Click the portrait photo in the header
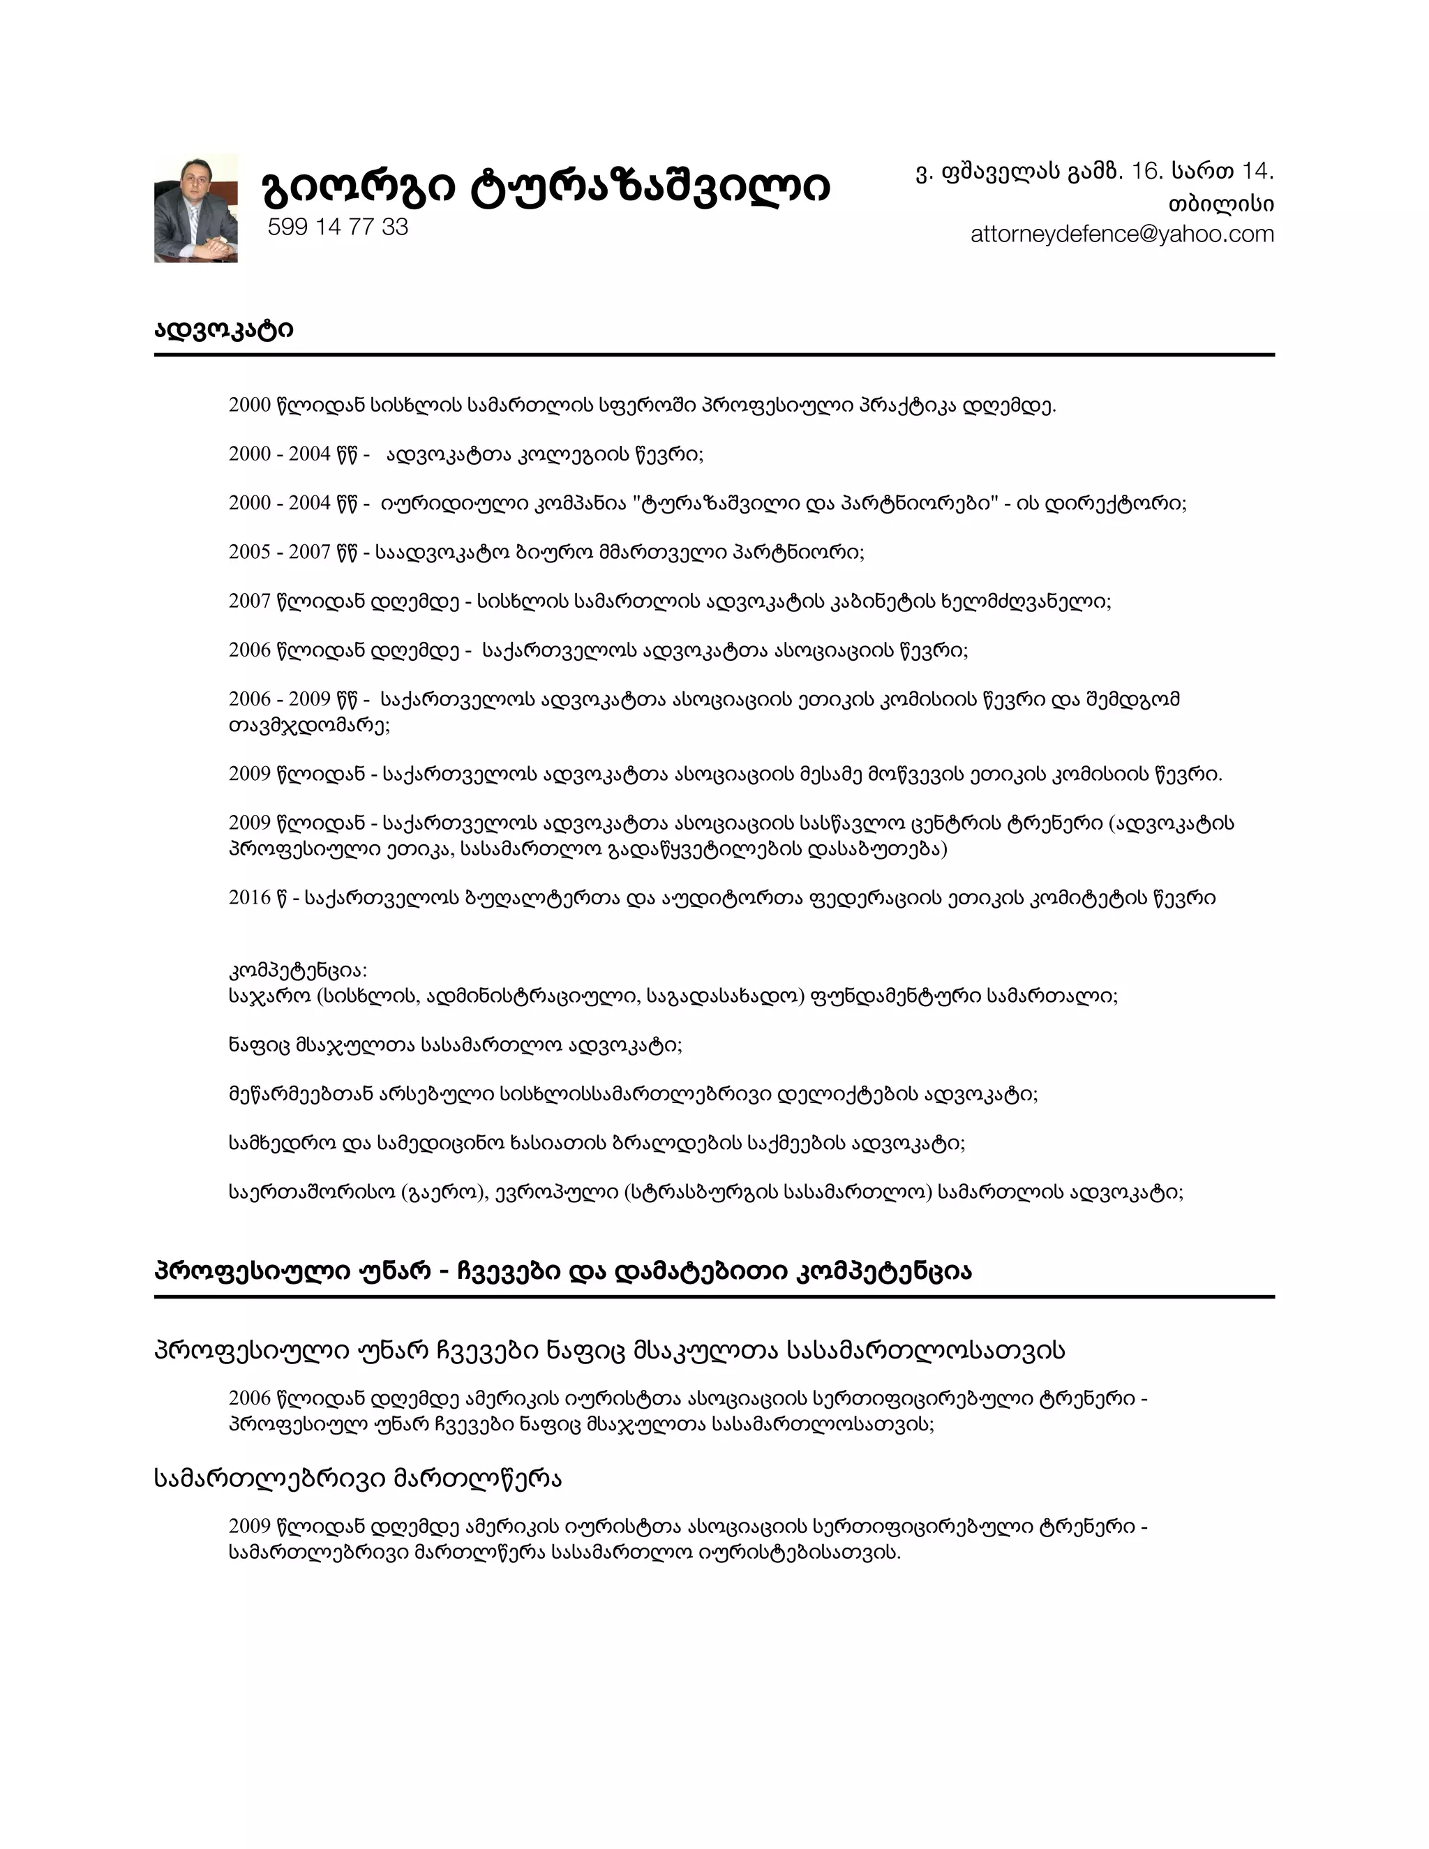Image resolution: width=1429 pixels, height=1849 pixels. pos(195,208)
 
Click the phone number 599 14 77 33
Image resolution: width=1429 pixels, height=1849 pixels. pos(338,227)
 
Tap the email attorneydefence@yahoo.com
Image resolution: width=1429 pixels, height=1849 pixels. pos(1122,234)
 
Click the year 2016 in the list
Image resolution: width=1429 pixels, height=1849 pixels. pos(250,897)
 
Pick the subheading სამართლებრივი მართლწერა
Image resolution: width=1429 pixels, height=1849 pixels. pos(358,1479)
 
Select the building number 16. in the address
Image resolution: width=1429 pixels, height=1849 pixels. pos(1147,172)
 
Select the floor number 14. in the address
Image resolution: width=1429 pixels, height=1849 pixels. pos(1257,172)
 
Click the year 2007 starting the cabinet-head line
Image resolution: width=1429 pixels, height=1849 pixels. pos(250,601)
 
